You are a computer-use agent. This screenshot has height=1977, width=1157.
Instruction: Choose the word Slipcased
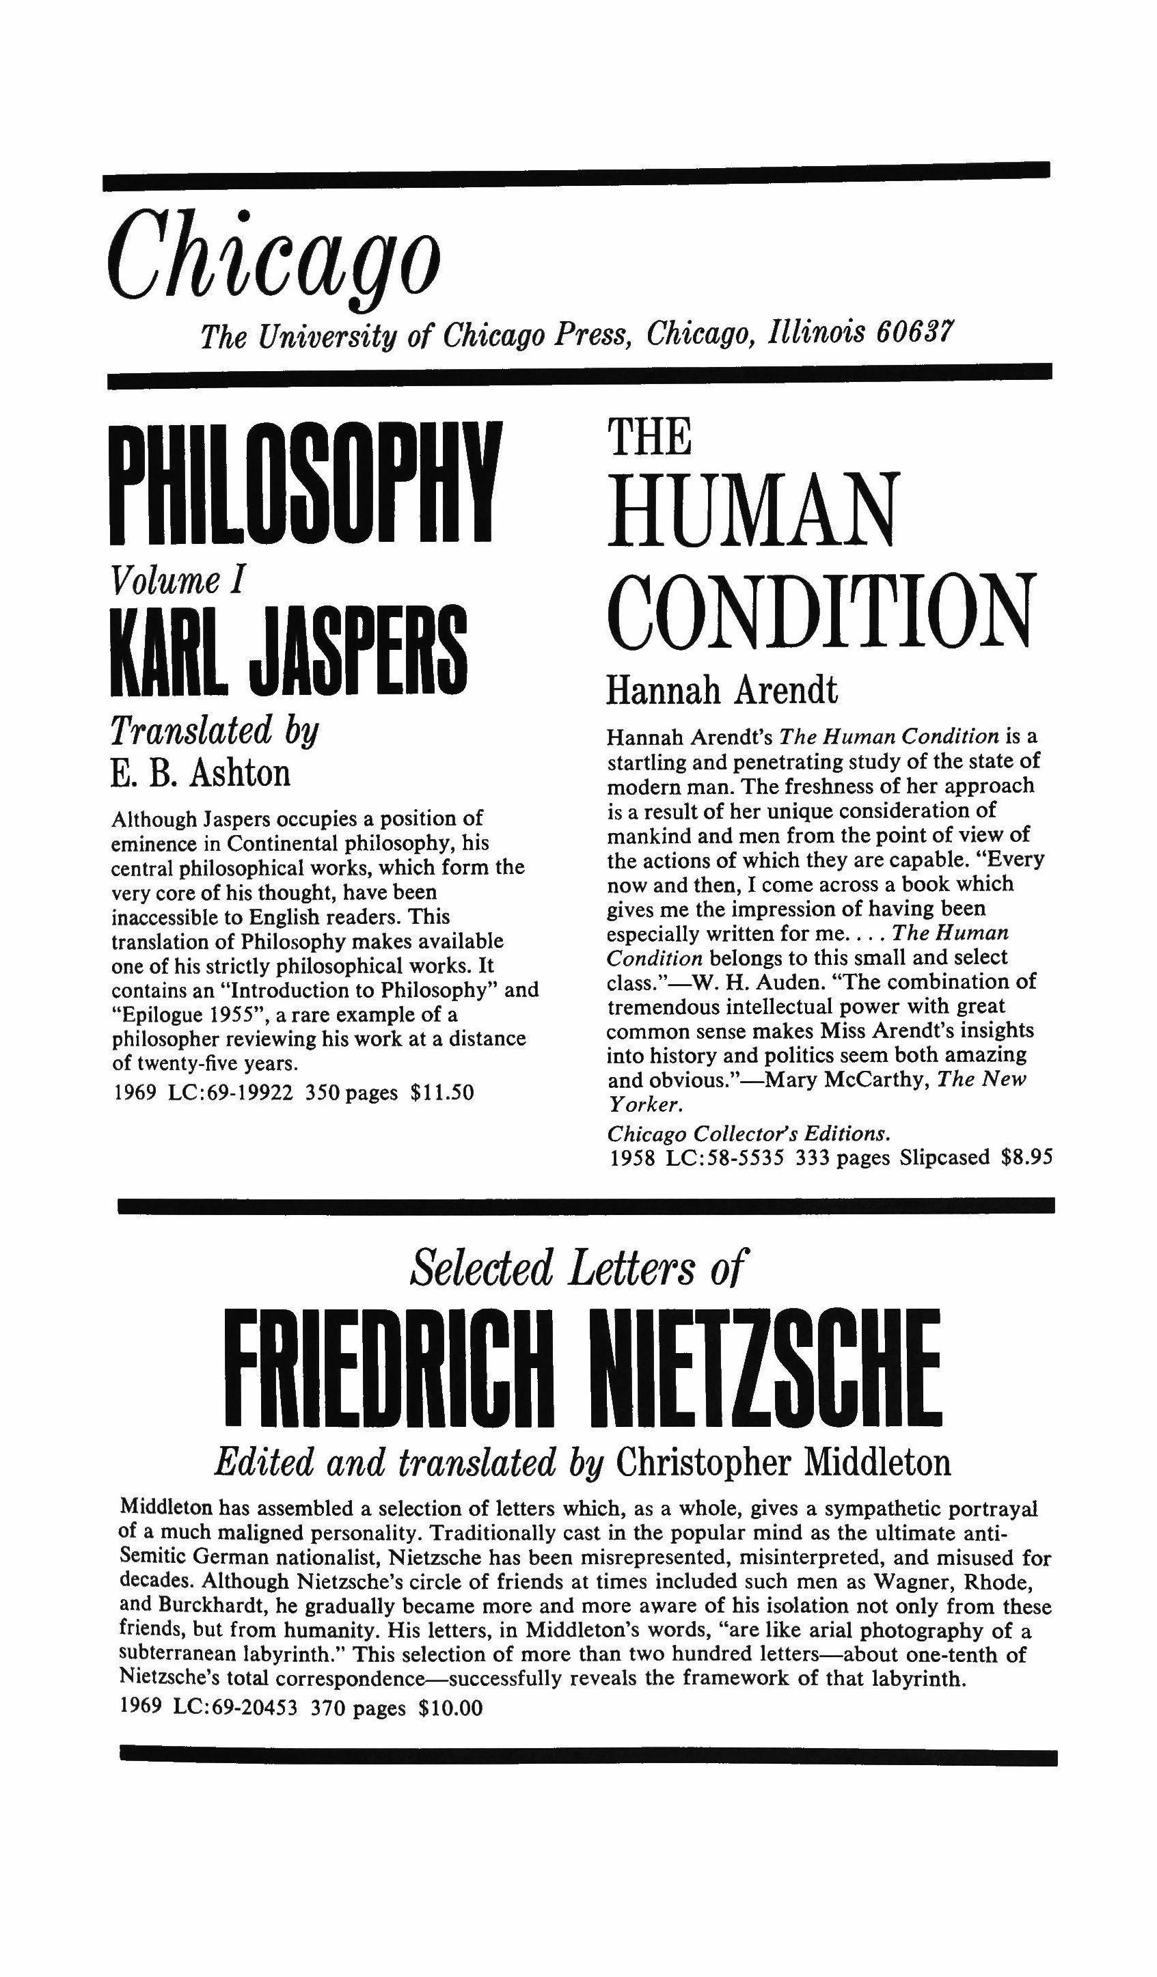[944, 1157]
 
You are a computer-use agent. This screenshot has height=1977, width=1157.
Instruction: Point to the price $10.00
[451, 1707]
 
